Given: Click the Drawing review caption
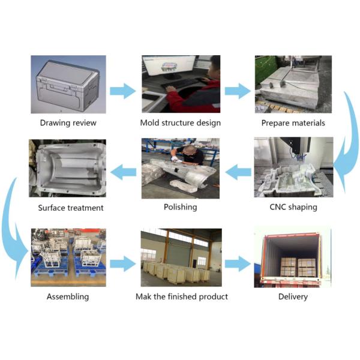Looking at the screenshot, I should pyautogui.click(x=68, y=123).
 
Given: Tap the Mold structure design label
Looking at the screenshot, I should pyautogui.click(x=181, y=123).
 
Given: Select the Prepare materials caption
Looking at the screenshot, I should pyautogui.click(x=293, y=123).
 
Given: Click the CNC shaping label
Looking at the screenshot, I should pyautogui.click(x=293, y=207).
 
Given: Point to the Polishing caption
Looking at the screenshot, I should pyautogui.click(x=180, y=207).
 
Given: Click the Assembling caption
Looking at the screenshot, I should pyautogui.click(x=68, y=296).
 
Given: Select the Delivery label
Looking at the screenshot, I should pyautogui.click(x=293, y=296).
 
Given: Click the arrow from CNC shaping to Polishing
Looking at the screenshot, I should pyautogui.click(x=237, y=173).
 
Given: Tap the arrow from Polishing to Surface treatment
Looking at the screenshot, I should pyautogui.click(x=124, y=173).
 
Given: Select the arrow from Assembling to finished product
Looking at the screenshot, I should pyautogui.click(x=123, y=263).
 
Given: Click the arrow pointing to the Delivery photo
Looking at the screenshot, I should pyautogui.click(x=237, y=263).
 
